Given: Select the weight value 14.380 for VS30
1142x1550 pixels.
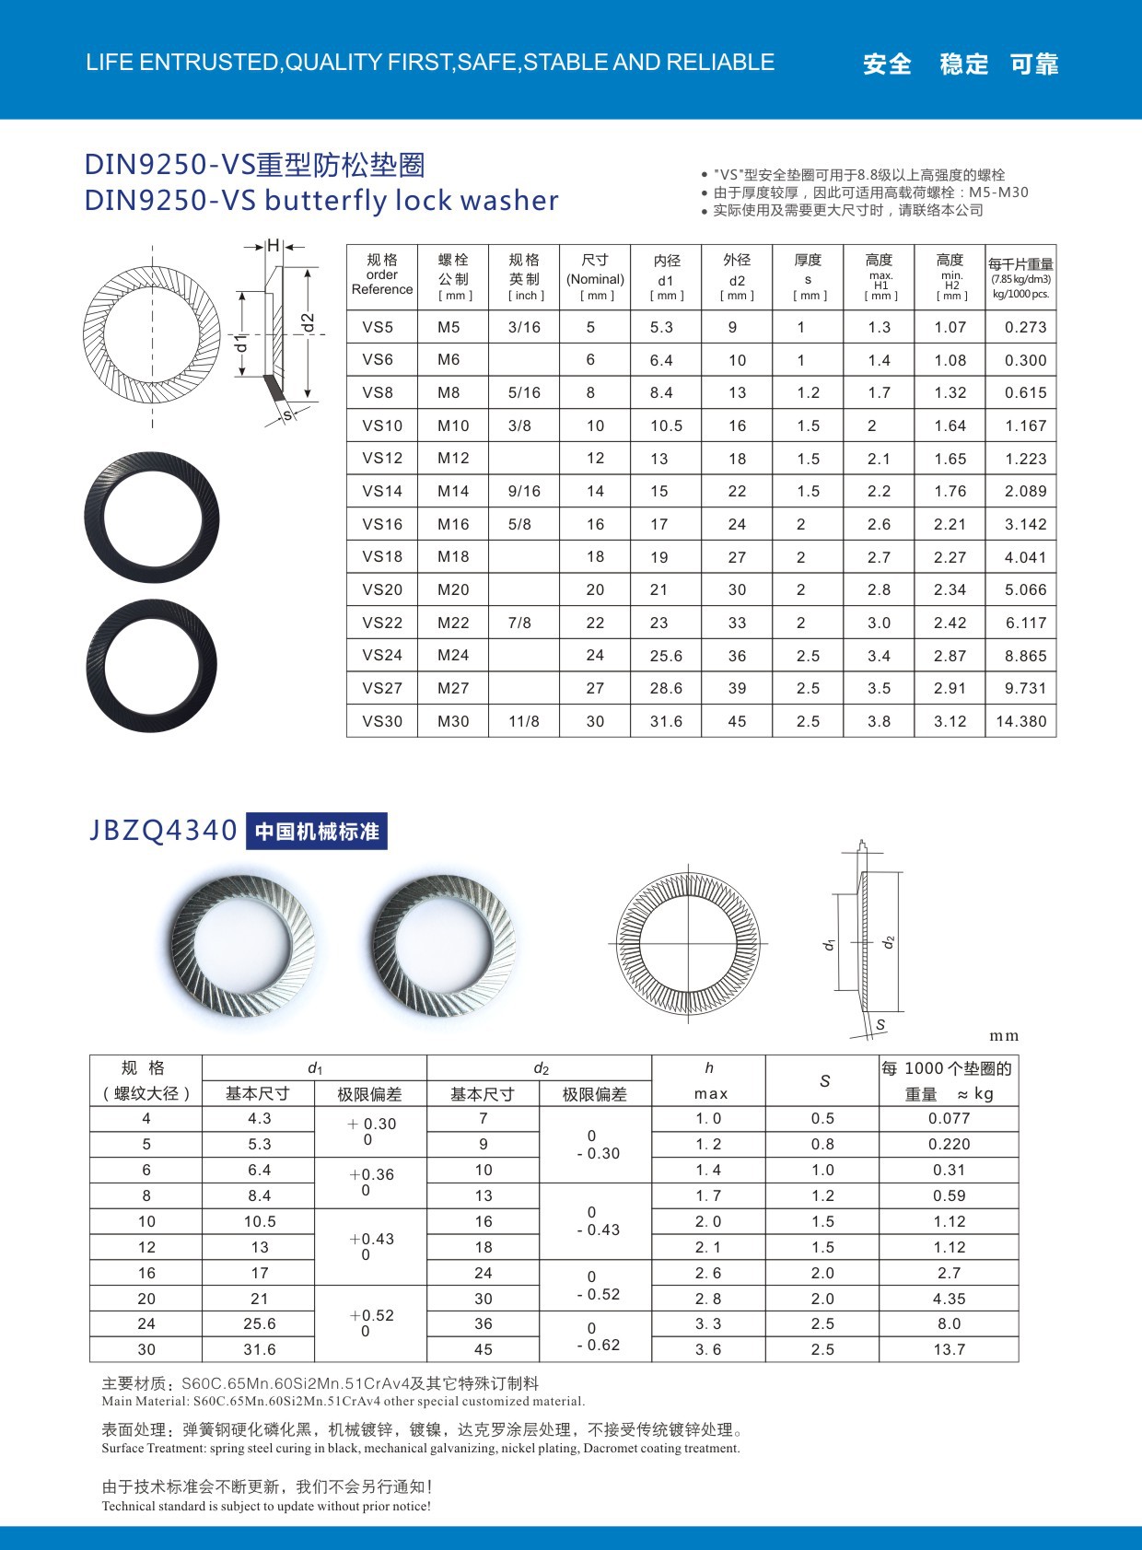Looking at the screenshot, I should (x=1021, y=721).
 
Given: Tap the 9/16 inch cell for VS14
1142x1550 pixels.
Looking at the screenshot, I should (x=524, y=491).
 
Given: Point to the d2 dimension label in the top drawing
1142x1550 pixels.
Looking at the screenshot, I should (x=309, y=321).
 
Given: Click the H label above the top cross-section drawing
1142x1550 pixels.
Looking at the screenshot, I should (x=274, y=246).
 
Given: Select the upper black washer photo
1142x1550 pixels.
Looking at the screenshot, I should (x=152, y=517).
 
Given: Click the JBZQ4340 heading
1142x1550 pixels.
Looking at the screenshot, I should (x=163, y=831).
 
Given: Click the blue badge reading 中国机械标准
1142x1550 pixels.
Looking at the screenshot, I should (x=317, y=832).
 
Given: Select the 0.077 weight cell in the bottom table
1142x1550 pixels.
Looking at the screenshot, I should (x=949, y=1118).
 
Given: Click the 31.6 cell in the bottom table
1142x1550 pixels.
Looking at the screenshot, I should (x=260, y=1349).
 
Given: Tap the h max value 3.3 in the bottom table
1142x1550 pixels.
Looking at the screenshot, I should (x=708, y=1323).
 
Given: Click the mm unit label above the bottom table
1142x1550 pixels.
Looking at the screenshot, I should (x=1004, y=1036).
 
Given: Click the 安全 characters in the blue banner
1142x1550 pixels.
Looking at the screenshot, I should (x=887, y=64).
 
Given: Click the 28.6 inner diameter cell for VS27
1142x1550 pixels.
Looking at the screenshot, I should (x=666, y=688).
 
